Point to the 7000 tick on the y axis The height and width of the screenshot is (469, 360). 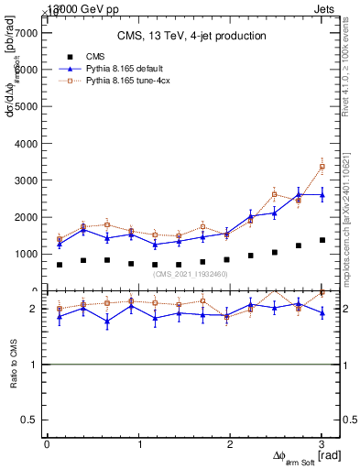26,32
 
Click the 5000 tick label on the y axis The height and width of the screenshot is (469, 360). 26,106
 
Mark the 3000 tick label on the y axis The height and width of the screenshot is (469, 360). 26,180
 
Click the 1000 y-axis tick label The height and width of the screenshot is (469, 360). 26,254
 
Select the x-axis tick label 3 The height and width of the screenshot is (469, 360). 322,443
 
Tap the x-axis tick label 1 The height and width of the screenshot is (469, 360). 138,443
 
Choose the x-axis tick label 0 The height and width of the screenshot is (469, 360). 47,443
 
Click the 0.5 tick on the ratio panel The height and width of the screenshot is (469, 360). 30,420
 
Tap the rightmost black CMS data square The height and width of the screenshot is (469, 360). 322,240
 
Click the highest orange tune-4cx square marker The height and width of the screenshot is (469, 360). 322,167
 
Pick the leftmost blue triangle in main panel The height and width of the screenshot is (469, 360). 60,244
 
